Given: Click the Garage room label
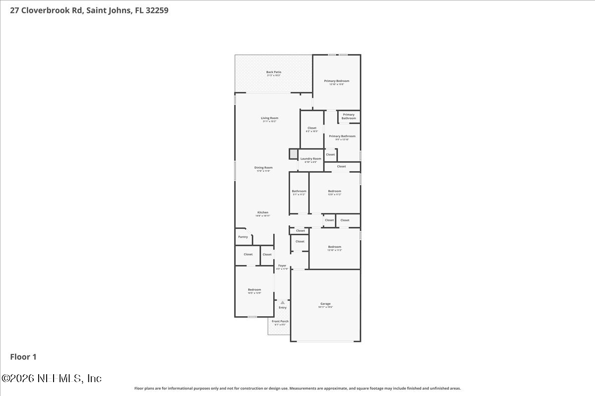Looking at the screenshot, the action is tap(325, 304).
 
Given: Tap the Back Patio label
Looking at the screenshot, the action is tap(274, 73).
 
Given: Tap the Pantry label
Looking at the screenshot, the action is tap(243, 237).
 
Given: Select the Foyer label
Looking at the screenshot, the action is tap(282, 266).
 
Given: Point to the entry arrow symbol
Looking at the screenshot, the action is tap(283, 302).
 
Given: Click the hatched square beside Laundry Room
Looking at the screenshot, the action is tap(293, 154).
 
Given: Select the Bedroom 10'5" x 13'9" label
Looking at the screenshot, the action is tap(254, 291).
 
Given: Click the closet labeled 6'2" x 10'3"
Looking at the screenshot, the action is tap(312, 129).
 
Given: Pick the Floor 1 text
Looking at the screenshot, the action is tap(23, 356).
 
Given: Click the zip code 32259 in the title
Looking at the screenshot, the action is tap(157, 10).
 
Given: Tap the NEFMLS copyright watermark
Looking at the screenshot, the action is tap(52, 378).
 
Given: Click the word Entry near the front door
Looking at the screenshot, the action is tap(282, 308).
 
